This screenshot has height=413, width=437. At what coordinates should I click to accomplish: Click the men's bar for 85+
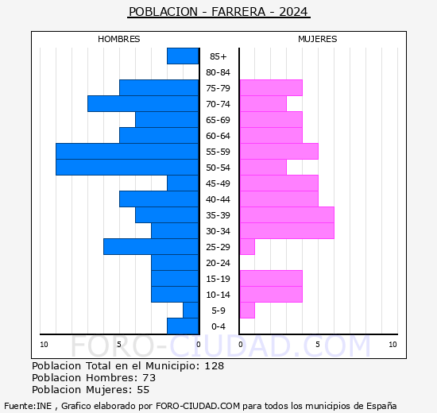[x=183, y=56]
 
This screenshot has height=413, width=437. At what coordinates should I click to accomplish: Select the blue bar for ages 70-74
[x=143, y=103]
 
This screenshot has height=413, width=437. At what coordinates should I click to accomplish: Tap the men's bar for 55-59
[x=127, y=151]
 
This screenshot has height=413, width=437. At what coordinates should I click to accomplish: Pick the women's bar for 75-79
[x=270, y=87]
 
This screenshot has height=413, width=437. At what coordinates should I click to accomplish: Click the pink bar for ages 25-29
[x=247, y=246]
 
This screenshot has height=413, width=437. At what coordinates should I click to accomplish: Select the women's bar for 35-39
[x=286, y=214]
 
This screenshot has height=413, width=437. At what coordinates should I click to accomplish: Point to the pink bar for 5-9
[x=247, y=310]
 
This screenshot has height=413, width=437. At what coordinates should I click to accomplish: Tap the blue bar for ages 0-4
[x=183, y=326]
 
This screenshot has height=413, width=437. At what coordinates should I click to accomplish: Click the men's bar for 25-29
[x=151, y=246]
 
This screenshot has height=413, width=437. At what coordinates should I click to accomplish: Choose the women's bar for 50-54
[x=263, y=167]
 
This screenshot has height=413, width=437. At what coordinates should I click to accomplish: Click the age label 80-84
[x=218, y=72]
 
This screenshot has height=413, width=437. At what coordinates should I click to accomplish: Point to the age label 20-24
[x=218, y=263]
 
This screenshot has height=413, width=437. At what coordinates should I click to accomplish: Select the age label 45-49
[x=218, y=183]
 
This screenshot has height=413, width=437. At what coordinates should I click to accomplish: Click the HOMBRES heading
[x=118, y=39]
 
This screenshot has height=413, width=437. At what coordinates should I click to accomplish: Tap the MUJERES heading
[x=317, y=39]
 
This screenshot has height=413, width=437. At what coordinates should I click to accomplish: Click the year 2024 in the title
[x=293, y=12]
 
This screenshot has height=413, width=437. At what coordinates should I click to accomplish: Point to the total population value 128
[x=214, y=366]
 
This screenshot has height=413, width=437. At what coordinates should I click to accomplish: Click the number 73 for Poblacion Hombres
[x=149, y=378]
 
